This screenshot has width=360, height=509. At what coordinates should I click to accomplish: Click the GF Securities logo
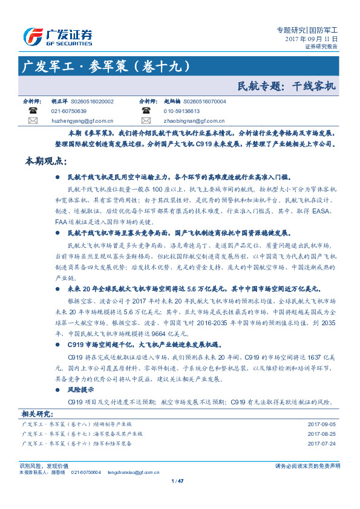tap(57, 37)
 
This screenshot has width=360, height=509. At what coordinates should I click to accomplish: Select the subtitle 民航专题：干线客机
tap(286, 86)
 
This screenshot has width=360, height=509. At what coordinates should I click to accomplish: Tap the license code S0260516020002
tap(92, 102)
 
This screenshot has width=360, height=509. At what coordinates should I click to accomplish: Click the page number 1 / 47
tap(178, 481)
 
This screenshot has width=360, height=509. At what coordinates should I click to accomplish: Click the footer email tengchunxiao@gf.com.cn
tap(130, 472)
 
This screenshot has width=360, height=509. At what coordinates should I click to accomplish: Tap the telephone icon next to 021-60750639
tap(33, 111)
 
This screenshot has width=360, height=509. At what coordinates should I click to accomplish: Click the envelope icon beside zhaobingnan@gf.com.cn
tap(146, 121)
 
